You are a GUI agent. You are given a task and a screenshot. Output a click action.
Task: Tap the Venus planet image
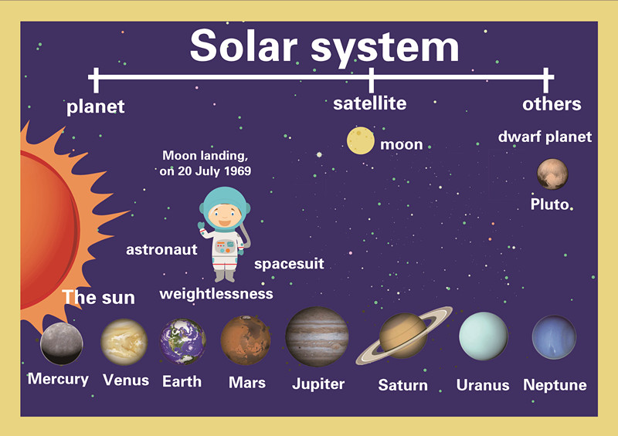click(x=124, y=342)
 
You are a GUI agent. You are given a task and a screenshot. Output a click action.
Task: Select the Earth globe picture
click(x=183, y=342)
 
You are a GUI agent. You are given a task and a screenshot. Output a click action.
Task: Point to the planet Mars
click(x=246, y=340)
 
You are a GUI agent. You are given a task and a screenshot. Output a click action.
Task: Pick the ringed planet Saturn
click(x=403, y=336)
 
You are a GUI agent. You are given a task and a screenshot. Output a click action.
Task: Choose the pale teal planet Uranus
click(x=484, y=336)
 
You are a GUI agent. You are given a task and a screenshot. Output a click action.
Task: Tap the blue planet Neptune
click(x=554, y=337)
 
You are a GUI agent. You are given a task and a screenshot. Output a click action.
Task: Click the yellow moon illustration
click(x=360, y=140)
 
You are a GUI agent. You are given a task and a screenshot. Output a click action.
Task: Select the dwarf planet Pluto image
click(x=552, y=174)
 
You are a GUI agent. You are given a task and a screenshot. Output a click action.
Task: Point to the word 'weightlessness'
click(x=216, y=294)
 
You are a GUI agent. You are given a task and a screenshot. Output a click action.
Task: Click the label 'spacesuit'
click(x=289, y=265)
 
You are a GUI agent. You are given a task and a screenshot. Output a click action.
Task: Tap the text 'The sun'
click(x=98, y=297)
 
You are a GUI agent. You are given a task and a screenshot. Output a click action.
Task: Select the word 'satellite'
click(x=369, y=103)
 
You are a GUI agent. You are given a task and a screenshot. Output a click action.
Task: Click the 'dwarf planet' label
click(x=545, y=137)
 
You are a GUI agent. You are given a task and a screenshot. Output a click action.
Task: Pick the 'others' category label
click(x=552, y=104)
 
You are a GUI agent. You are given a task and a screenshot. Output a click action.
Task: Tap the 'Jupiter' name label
click(x=318, y=383)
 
